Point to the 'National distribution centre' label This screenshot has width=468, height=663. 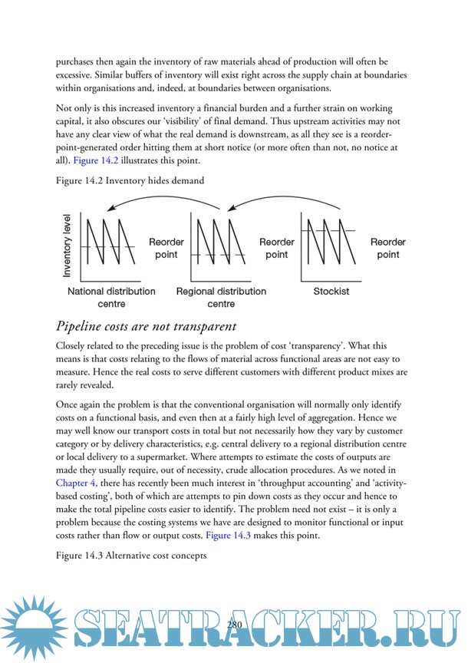point(111,297)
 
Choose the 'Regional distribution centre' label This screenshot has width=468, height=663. point(221,297)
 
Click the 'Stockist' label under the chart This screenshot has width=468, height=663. point(331,292)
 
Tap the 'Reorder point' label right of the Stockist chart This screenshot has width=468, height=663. point(387,248)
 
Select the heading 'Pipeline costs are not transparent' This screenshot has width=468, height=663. point(141,326)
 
